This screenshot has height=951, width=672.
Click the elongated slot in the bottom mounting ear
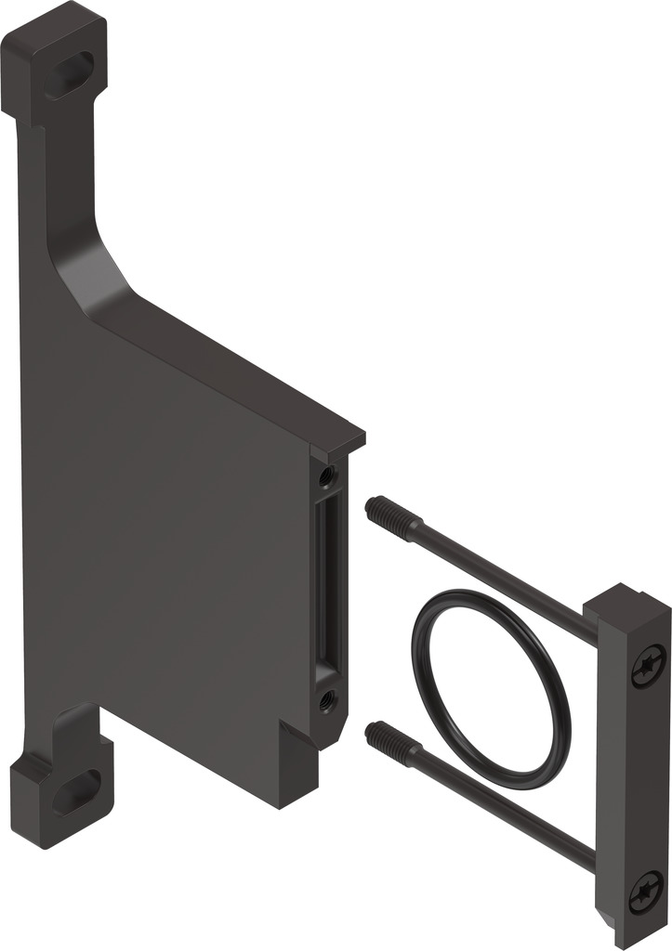coord(73,792)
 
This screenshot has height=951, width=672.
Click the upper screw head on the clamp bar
coord(648,667)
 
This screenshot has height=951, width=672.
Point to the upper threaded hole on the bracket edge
coord(326,476)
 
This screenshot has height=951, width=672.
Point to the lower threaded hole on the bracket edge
coord(326,697)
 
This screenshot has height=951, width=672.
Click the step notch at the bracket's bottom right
coord(296,743)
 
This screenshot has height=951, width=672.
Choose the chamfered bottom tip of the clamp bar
coord(609,924)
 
